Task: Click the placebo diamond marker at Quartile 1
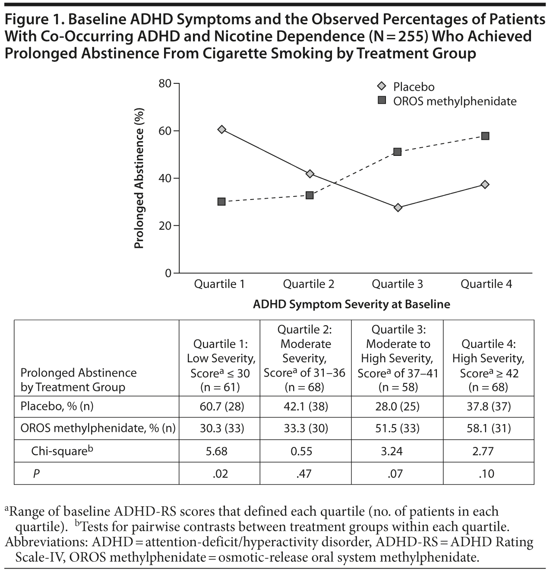(222, 130)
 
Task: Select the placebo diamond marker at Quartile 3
(398, 208)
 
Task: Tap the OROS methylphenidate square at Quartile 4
(485, 136)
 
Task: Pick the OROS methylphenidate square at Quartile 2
(310, 195)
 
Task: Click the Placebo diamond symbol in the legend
(381, 86)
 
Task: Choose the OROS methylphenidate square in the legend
(381, 101)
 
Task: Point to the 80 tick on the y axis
(166, 83)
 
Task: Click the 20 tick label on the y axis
(166, 226)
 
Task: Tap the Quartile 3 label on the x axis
(397, 284)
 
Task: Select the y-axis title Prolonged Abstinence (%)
(139, 178)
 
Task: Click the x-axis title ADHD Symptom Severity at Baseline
(351, 304)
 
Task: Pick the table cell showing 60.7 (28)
(222, 406)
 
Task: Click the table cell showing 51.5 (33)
(398, 428)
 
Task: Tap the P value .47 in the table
(304, 474)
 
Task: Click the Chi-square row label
(62, 451)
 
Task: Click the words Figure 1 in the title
(32, 20)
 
